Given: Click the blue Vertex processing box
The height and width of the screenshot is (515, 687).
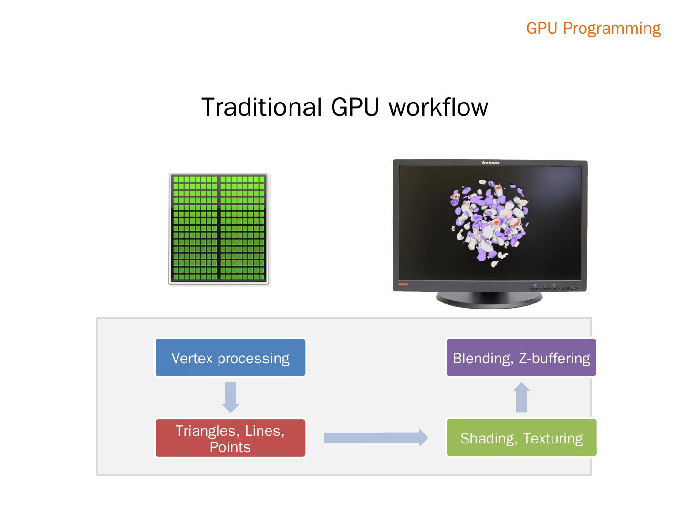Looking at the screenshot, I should point(230,358).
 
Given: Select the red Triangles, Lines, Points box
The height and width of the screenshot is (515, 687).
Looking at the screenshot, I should point(230,438).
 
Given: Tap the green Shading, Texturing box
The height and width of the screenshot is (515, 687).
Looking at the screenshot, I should point(521,438).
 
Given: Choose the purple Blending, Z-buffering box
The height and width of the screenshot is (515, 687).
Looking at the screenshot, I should point(521,358).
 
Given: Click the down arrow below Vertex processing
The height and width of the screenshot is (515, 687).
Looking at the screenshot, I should point(231,397).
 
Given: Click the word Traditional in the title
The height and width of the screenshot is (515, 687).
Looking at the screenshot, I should point(261,107).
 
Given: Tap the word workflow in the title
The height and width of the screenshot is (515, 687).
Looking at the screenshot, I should point(438,107).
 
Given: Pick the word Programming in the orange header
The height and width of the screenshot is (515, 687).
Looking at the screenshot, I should point(612,28).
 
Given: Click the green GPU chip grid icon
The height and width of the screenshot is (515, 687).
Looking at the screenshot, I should point(219,229).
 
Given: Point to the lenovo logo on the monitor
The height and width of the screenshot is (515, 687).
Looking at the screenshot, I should point(490,163).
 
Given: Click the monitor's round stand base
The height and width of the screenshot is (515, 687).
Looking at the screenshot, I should point(489,300).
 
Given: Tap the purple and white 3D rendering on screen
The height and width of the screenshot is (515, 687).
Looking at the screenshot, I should point(489,222).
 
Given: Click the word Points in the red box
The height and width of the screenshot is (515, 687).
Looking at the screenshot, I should point(230,447).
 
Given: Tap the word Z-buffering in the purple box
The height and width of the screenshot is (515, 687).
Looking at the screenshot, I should point(554,358).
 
